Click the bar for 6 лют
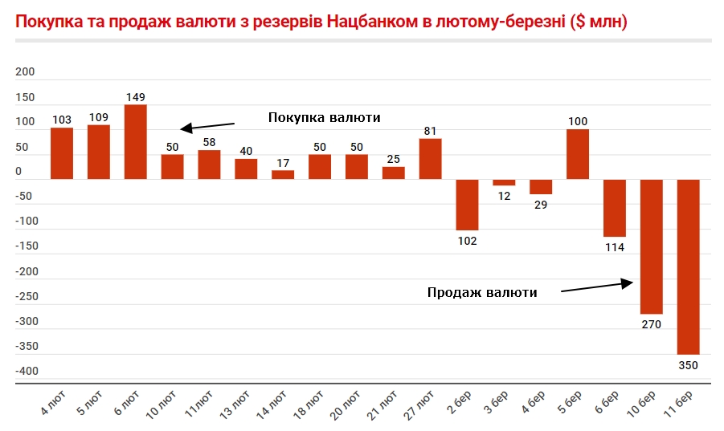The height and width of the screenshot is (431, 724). point(135,142)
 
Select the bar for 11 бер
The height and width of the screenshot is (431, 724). point(688,266)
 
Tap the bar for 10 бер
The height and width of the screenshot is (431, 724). point(651,246)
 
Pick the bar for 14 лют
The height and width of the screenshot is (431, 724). point(283,174)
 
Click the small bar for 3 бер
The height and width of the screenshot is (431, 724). point(504,182)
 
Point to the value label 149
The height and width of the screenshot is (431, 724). point(135,97)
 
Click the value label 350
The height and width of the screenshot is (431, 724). point(688,365)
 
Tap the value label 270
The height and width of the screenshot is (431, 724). point(651,325)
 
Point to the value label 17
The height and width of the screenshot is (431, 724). point(283,163)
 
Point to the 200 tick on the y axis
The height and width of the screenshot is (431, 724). point(26,72)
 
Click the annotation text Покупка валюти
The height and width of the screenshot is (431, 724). point(324,117)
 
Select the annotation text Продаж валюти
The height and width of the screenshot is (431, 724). point(481,292)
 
